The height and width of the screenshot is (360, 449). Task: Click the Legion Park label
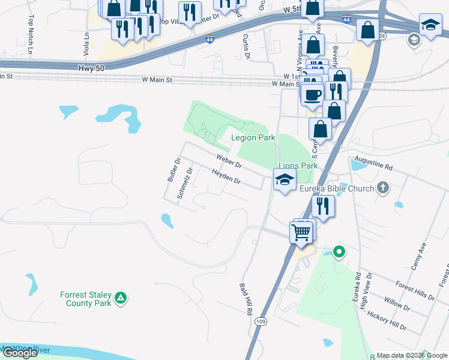253,138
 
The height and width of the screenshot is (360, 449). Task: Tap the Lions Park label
297,166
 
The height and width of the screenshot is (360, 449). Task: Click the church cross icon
382,188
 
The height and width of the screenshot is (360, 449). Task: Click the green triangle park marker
121,297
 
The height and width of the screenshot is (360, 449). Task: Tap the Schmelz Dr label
184,183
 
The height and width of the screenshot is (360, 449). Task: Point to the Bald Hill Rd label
244,300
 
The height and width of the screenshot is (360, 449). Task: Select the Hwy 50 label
91,69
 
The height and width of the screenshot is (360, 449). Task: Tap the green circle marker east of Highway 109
339,252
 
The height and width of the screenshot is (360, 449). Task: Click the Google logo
20,353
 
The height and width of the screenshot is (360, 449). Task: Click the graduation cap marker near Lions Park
285,179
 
